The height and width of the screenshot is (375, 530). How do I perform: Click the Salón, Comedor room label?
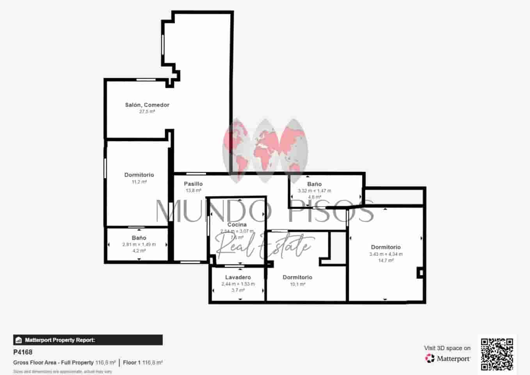(147, 105)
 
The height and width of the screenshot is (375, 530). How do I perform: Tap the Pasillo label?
(193, 184)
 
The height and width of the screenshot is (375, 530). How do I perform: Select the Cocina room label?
(237, 225)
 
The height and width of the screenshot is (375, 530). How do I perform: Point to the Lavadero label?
(238, 277)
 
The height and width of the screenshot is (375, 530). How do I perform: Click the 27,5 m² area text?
(147, 112)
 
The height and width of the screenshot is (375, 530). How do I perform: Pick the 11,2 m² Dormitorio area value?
(139, 182)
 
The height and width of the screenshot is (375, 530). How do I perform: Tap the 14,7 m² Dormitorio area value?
(386, 261)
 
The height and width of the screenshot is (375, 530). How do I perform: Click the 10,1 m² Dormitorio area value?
(297, 284)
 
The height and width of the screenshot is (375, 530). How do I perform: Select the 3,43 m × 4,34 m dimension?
(386, 254)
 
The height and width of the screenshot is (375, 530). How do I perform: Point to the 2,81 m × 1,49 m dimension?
(139, 245)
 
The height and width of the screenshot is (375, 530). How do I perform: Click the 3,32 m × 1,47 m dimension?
(314, 191)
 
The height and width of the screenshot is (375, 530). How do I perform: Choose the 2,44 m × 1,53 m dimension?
(238, 284)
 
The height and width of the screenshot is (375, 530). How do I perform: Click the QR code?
(497, 354)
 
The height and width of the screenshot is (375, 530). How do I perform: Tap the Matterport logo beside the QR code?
(448, 358)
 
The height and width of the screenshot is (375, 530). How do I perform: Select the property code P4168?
(23, 352)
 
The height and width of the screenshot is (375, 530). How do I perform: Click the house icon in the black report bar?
(18, 340)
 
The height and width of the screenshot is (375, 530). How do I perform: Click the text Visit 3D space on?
(447, 348)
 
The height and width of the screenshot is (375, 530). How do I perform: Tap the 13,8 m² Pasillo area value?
(193, 191)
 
